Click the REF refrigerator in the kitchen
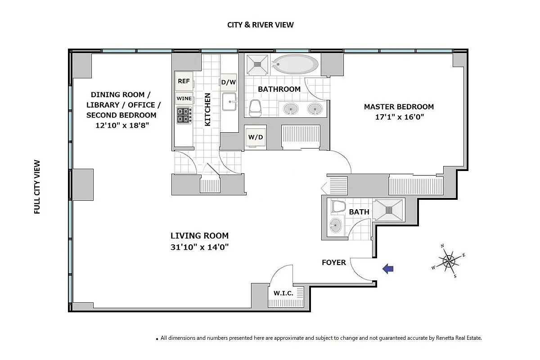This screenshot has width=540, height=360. click(184, 81)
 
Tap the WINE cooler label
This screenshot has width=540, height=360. click(184, 99)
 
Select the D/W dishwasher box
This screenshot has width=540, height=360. click(228, 82)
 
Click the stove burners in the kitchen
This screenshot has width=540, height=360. click(184, 115)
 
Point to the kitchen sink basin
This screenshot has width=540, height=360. click(229, 102)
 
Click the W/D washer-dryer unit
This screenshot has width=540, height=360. click(256, 137)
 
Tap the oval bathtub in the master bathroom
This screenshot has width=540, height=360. click(295, 64)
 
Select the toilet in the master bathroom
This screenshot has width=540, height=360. click(255, 108)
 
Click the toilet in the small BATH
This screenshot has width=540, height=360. click(338, 207)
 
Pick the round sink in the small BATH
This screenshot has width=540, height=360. click(335, 225)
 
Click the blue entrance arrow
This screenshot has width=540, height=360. click(388, 269)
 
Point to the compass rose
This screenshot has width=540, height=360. click(448, 261)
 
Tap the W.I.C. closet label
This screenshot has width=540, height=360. click(283, 293)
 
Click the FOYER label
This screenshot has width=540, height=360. click(334, 262)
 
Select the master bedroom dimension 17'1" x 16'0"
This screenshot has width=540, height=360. click(400, 117)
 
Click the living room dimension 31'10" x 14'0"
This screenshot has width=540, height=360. click(200, 247)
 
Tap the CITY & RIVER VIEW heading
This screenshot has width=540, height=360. click(261, 25)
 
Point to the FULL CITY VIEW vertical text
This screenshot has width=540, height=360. click(37, 187)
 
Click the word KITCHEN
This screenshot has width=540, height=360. click(207, 109)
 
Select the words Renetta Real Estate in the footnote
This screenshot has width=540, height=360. click(459, 338)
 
